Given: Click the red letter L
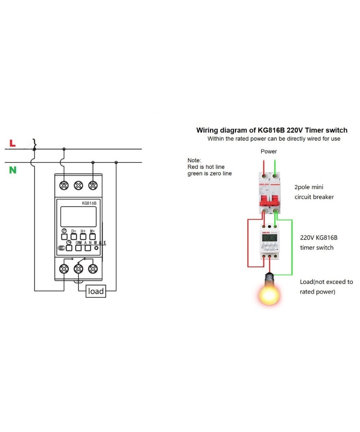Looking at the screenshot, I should pyautogui.click(x=12, y=143).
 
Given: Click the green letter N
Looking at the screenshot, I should pyautogui.click(x=13, y=170).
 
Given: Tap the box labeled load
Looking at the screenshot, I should pyautogui.click(x=96, y=291).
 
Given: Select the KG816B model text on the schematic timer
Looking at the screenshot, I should pyautogui.click(x=89, y=203).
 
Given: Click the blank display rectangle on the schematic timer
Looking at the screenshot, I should pyautogui.click(x=78, y=216).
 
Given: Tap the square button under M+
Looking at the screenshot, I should pyautogui.click(x=93, y=237).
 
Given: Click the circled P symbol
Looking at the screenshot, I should pyautogui.click(x=64, y=231).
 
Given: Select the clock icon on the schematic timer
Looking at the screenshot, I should pyautogui.click(x=69, y=242).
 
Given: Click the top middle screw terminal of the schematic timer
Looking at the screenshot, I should pyautogui.click(x=78, y=185).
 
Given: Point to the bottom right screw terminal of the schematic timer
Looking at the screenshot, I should pyautogui.click(x=93, y=268).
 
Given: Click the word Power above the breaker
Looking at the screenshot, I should pyautogui.click(x=269, y=152).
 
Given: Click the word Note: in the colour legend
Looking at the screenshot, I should pyautogui.click(x=194, y=160).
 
